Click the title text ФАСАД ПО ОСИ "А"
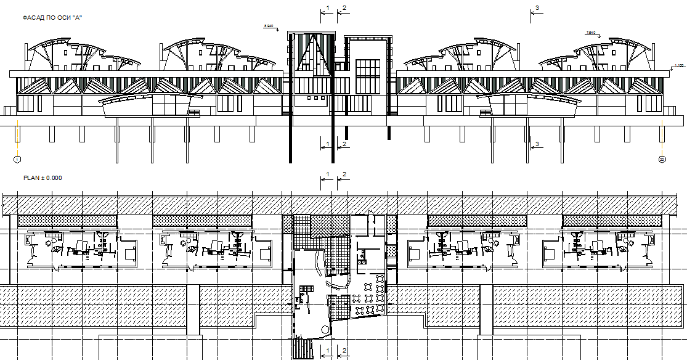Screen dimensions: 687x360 click(x=52, y=18)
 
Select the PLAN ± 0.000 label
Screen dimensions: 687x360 click(x=42, y=178)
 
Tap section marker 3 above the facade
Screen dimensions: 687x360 click(x=537, y=7)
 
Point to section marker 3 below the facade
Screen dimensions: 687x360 click(x=537, y=144)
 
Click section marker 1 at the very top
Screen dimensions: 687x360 click(x=328, y=7)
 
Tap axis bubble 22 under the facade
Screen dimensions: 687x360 click(x=662, y=160)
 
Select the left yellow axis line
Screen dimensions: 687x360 click(x=18, y=139)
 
